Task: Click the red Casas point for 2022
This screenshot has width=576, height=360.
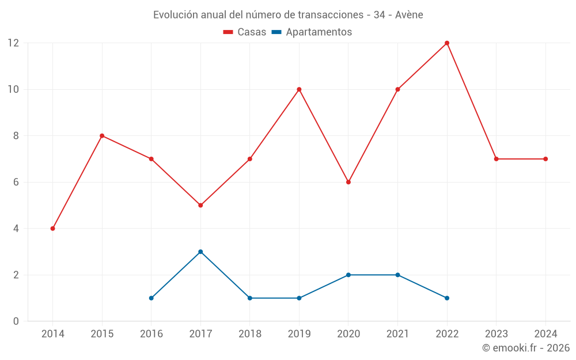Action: (447, 43)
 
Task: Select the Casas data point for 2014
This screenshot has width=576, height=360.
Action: (53, 229)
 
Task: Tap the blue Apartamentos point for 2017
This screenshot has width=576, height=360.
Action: (200, 252)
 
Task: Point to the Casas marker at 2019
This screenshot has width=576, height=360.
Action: (299, 89)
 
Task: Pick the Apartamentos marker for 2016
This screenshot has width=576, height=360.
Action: (151, 298)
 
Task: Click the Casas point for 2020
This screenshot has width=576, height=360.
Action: (348, 182)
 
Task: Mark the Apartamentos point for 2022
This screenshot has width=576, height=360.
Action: (447, 298)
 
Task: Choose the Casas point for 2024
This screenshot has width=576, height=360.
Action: (545, 159)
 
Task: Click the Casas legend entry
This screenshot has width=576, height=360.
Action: (245, 32)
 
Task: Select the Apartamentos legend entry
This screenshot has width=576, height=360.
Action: (312, 32)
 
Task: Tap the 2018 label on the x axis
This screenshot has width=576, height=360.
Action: (250, 334)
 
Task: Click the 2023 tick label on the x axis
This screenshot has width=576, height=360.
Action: (496, 334)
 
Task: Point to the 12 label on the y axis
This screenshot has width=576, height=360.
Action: (13, 43)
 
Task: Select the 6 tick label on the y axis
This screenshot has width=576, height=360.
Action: (16, 182)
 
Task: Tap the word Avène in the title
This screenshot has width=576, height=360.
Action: (409, 15)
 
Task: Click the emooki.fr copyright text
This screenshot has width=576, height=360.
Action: (526, 348)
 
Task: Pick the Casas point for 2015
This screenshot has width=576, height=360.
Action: (102, 136)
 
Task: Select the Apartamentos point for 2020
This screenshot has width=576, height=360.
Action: (348, 275)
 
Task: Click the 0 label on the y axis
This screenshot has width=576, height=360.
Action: (16, 321)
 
